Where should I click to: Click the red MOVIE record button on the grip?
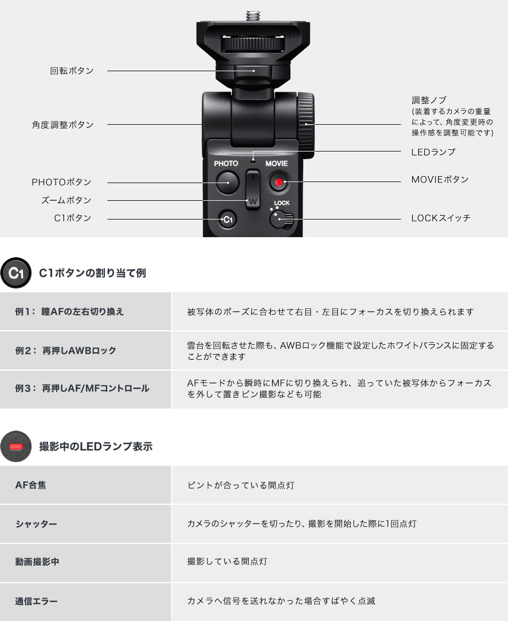[x=278, y=183]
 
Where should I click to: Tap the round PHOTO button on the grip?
[x=227, y=183]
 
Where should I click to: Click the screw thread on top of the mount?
[x=253, y=14]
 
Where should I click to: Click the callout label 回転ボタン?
[x=72, y=71]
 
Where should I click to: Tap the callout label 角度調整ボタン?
[x=63, y=125]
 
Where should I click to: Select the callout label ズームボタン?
[x=66, y=200]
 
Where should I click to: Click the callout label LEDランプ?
[x=433, y=152]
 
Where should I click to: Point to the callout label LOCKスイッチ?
[x=441, y=218]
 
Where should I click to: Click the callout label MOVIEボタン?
[x=440, y=179]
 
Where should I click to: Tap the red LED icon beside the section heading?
[x=16, y=446]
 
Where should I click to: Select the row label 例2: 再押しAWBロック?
[x=65, y=351]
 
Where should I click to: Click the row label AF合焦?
[x=30, y=485]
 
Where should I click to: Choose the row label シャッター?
[x=36, y=524]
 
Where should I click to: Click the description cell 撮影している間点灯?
[x=227, y=562]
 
